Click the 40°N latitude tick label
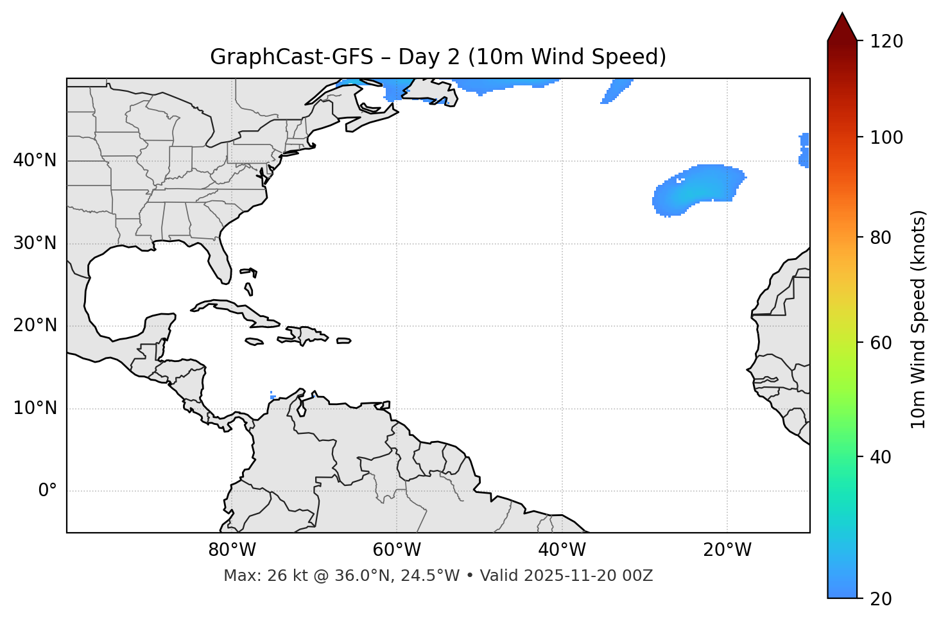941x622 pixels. [x=35, y=160]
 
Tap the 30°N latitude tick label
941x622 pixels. [x=35, y=243]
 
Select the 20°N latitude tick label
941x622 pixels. [x=35, y=325]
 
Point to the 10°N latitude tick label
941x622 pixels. [x=35, y=408]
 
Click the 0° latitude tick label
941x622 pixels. [x=47, y=491]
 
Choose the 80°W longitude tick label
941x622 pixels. [x=232, y=550]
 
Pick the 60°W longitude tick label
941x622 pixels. [x=397, y=550]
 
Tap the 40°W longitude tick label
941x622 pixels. [x=562, y=550]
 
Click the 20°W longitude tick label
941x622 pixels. [x=727, y=550]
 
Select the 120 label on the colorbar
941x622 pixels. [x=887, y=42]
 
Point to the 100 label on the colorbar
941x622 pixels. [x=887, y=137]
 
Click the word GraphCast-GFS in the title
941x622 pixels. [x=291, y=57]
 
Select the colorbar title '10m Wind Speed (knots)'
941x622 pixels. [x=919, y=319]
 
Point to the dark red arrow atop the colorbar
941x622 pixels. [x=842, y=27]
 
